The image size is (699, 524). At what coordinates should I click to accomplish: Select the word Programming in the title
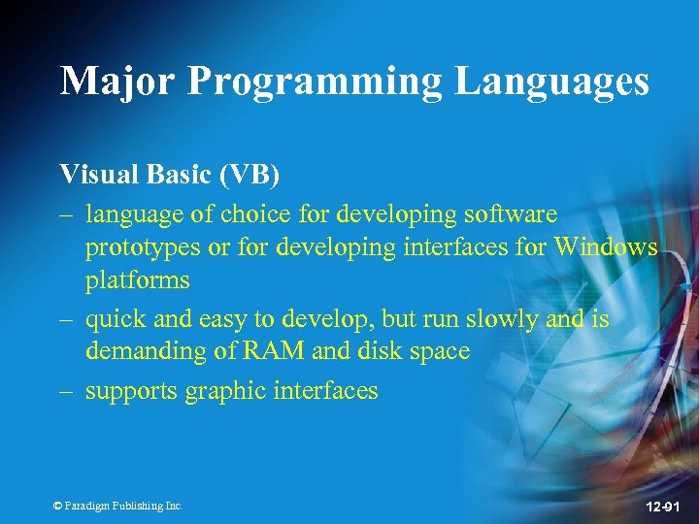click(x=315, y=82)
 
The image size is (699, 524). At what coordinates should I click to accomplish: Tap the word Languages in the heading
click(x=552, y=82)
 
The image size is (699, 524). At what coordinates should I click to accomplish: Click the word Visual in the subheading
click(x=93, y=175)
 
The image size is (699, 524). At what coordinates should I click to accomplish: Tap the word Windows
click(x=607, y=247)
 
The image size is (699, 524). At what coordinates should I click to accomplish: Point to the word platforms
click(x=137, y=282)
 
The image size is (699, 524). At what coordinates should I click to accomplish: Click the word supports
click(x=125, y=392)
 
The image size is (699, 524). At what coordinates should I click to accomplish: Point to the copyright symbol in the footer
click(x=57, y=506)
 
